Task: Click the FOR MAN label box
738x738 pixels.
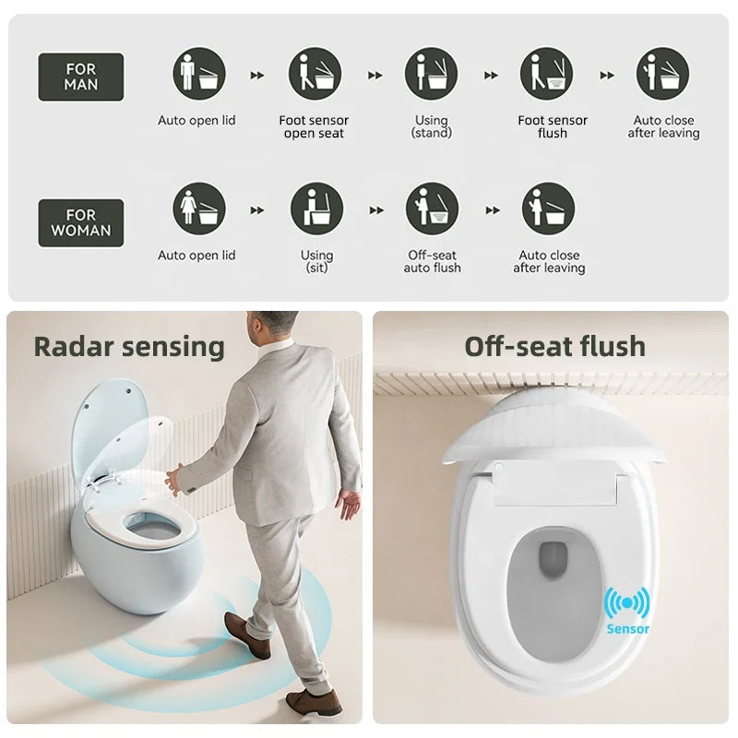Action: [x=81, y=77]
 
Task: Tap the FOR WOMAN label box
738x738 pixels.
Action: [x=81, y=222]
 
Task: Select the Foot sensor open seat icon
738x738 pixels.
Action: [x=315, y=74]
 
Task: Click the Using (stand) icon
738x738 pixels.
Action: [x=431, y=74]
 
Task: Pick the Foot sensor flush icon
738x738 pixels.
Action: [x=547, y=74]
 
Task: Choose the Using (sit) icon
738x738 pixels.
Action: [x=316, y=209]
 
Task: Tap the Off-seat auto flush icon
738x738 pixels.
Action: [x=432, y=209]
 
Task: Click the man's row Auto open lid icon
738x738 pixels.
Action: [x=199, y=74]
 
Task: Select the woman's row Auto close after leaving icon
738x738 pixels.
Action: [x=548, y=209]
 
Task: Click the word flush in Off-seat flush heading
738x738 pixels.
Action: [x=613, y=347]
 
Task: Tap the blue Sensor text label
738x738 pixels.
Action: [x=628, y=629]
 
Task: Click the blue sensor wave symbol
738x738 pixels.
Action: [x=627, y=603]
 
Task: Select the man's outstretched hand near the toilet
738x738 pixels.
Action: [x=173, y=479]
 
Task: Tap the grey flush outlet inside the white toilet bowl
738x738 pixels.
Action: [x=553, y=559]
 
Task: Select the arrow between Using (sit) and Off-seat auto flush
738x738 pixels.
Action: [x=376, y=210]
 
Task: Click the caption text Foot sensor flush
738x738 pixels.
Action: [x=553, y=126]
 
